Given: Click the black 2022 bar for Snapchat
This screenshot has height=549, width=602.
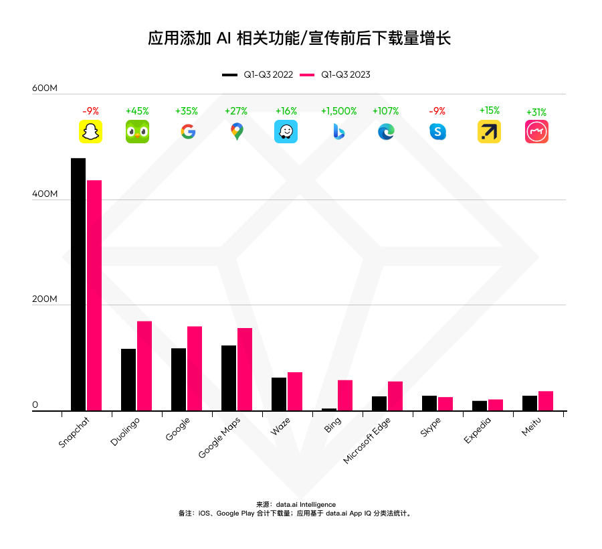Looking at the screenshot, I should [78, 284].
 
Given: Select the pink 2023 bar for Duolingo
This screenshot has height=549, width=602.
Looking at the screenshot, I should [144, 366].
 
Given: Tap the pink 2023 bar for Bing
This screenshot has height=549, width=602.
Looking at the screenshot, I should [345, 395].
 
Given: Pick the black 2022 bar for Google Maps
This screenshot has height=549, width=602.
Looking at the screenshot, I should [229, 378].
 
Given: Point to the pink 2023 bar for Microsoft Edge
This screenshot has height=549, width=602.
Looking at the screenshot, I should [395, 396].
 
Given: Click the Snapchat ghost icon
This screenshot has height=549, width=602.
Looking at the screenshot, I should [90, 132].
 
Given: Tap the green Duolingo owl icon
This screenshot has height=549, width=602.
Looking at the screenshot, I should [137, 132].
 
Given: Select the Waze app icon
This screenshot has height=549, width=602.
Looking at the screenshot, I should [286, 132].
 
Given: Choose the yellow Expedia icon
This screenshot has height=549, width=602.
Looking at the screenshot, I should [489, 132].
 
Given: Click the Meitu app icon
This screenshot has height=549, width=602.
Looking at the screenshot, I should [536, 132].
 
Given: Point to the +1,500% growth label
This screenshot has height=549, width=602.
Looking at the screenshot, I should [338, 111].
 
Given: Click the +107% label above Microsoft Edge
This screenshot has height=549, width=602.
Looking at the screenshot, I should [385, 111].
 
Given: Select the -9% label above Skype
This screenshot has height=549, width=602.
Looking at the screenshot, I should [437, 111].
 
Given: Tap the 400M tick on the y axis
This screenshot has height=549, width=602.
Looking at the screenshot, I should [45, 194].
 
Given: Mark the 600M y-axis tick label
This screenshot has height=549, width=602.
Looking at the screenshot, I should [45, 88].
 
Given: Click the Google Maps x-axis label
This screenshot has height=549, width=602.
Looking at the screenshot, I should [220, 437].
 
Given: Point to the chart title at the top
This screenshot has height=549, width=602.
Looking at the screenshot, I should [300, 38].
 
